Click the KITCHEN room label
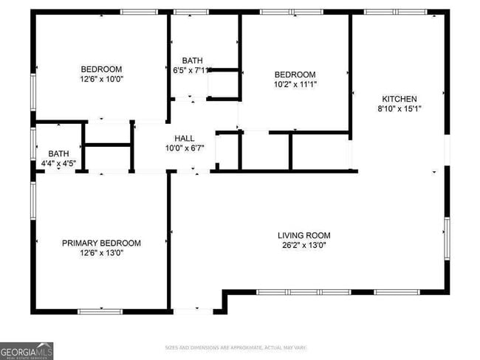(x=400, y=99)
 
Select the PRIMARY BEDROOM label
(x=101, y=243)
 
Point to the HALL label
(x=184, y=138)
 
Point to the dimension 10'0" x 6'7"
(x=184, y=148)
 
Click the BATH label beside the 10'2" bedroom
(x=192, y=60)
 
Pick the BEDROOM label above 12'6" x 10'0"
(x=102, y=69)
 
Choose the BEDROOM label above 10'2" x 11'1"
(x=295, y=75)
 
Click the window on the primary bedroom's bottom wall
(x=100, y=311)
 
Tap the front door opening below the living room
(x=193, y=311)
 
